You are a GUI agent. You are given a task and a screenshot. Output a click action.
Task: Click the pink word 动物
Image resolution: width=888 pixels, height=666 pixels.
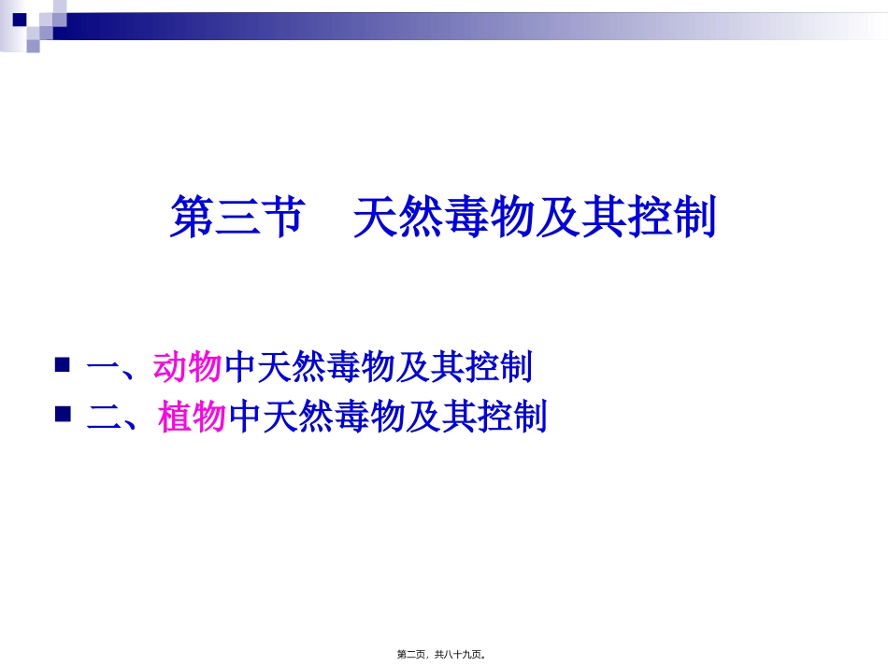188,367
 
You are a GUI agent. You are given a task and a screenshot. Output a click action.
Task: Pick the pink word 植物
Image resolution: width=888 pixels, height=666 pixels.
193,417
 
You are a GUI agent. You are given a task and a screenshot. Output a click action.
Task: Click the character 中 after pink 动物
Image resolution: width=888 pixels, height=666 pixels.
238,367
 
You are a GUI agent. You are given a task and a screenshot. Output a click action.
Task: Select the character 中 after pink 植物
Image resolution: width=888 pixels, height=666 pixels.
244,417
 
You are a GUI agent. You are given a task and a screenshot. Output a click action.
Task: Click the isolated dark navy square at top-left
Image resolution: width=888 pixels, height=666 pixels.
19,18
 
